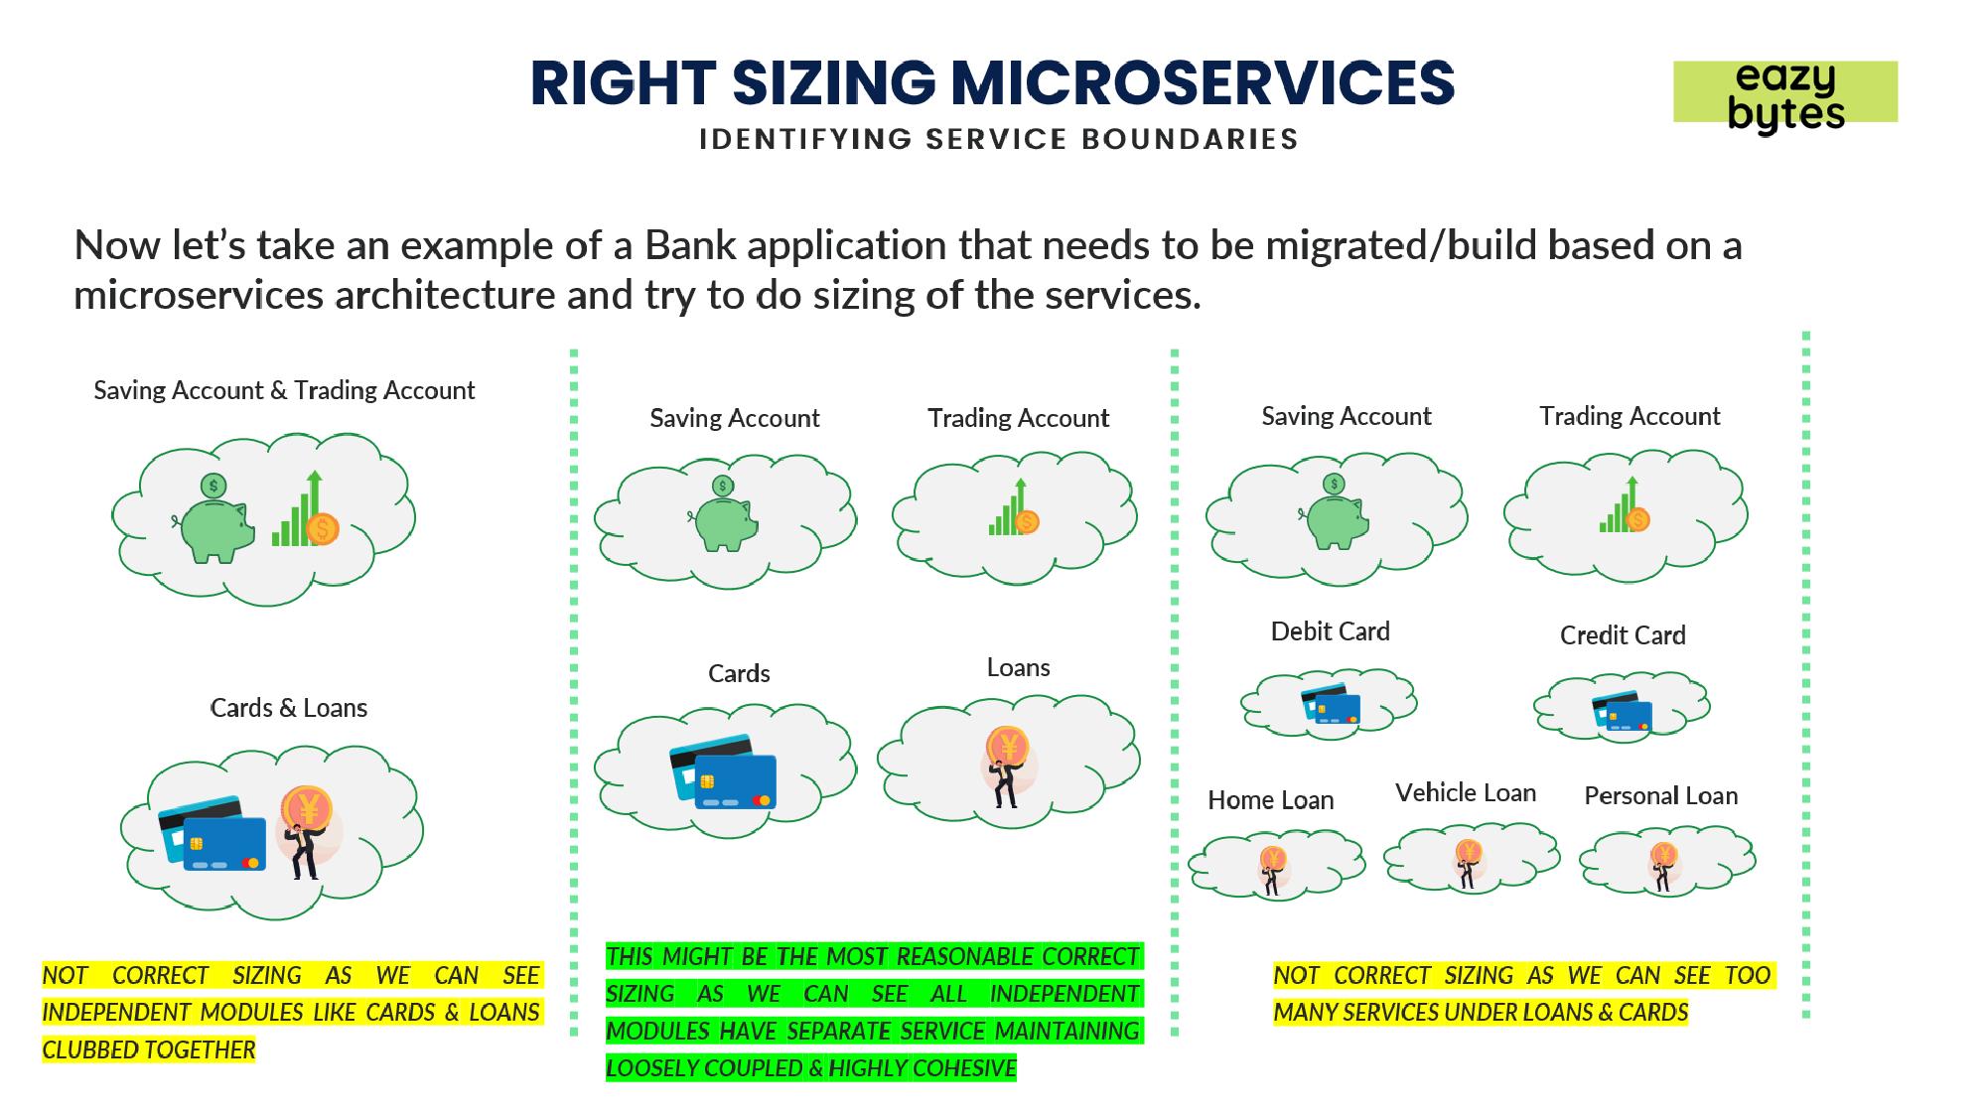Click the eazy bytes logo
point(1785,93)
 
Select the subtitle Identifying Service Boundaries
point(998,139)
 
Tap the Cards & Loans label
point(288,708)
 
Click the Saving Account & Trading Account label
point(284,390)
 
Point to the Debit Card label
point(1330,631)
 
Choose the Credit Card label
point(1622,635)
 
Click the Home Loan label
point(1270,800)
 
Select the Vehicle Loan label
point(1465,792)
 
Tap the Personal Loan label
point(1660,795)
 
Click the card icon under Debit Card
point(1331,704)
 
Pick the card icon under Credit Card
point(1622,711)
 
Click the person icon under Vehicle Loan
point(1468,862)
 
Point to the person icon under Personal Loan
point(1663,865)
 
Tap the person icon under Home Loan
point(1272,870)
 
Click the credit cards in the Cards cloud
point(723,771)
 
